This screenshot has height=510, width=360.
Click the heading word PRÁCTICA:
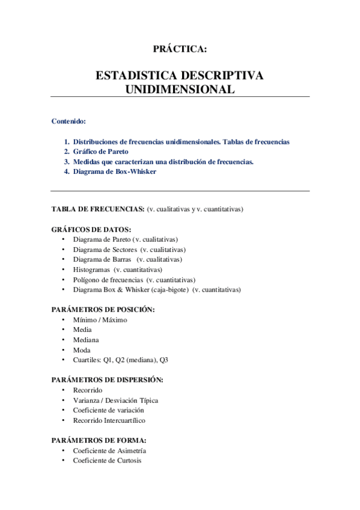pyautogui.click(x=180, y=49)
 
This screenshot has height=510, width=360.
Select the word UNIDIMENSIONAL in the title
pyautogui.click(x=180, y=89)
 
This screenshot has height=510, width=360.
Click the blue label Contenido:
pyautogui.click(x=69, y=121)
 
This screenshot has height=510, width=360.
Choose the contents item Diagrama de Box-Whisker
pyautogui.click(x=114, y=171)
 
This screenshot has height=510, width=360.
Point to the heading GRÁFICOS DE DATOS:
pyautogui.click(x=91, y=229)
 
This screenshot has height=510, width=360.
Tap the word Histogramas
pyautogui.click(x=92, y=269)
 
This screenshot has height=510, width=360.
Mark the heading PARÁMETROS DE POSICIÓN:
pyautogui.click(x=103, y=309)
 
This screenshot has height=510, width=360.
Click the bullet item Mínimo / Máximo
pyautogui.click(x=100, y=320)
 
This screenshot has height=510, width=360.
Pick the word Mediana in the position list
pyautogui.click(x=86, y=340)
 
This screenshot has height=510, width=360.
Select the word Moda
pyautogui.click(x=82, y=350)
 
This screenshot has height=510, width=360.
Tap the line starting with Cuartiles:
pyautogui.click(x=121, y=360)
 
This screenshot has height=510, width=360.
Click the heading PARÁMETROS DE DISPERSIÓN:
pyautogui.click(x=107, y=379)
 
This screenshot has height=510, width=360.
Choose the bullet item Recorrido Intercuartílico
pyautogui.click(x=109, y=420)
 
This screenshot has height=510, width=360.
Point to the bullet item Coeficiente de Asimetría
pyautogui.click(x=109, y=450)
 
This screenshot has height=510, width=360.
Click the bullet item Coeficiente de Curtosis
pyautogui.click(x=107, y=461)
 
